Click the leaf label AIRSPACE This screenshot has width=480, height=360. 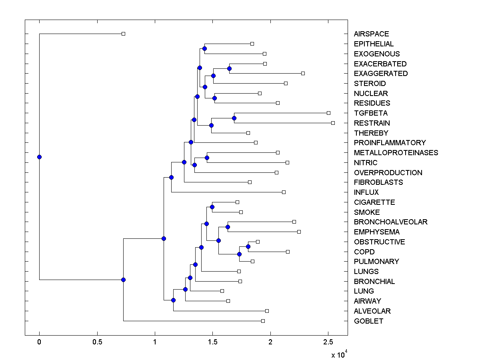click(371, 34)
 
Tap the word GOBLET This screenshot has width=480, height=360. click(368, 321)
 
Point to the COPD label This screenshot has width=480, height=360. click(364, 252)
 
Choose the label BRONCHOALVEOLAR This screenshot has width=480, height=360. click(390, 222)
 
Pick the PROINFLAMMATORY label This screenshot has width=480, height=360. click(390, 143)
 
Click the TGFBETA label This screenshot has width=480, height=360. click(370, 113)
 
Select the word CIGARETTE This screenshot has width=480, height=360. click(374, 202)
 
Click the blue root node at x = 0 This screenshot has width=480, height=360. click(39, 157)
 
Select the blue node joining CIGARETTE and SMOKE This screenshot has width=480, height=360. click(212, 207)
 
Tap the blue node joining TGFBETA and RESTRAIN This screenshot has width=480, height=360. click(234, 118)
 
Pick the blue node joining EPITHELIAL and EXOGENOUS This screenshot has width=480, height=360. click(204, 48)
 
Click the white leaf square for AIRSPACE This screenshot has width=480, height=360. click(123, 34)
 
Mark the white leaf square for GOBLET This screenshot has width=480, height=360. click(263, 321)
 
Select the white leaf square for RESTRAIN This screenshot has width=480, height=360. click(333, 123)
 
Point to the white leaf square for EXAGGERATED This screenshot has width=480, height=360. click(303, 73)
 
